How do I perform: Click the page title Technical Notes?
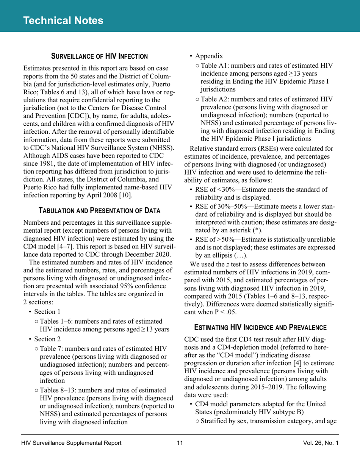tap(63, 20)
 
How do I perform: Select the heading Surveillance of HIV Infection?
tap(99, 56)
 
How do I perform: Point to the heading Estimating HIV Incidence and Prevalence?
tap(260, 326)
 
